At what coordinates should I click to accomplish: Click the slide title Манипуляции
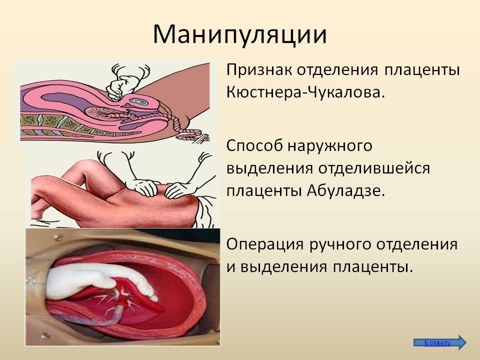tap(239, 34)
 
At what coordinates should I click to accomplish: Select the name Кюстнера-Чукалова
tap(305, 92)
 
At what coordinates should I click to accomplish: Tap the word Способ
tap(254, 146)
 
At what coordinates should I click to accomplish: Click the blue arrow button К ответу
tap(440, 342)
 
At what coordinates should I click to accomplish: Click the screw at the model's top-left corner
tap(57, 237)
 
